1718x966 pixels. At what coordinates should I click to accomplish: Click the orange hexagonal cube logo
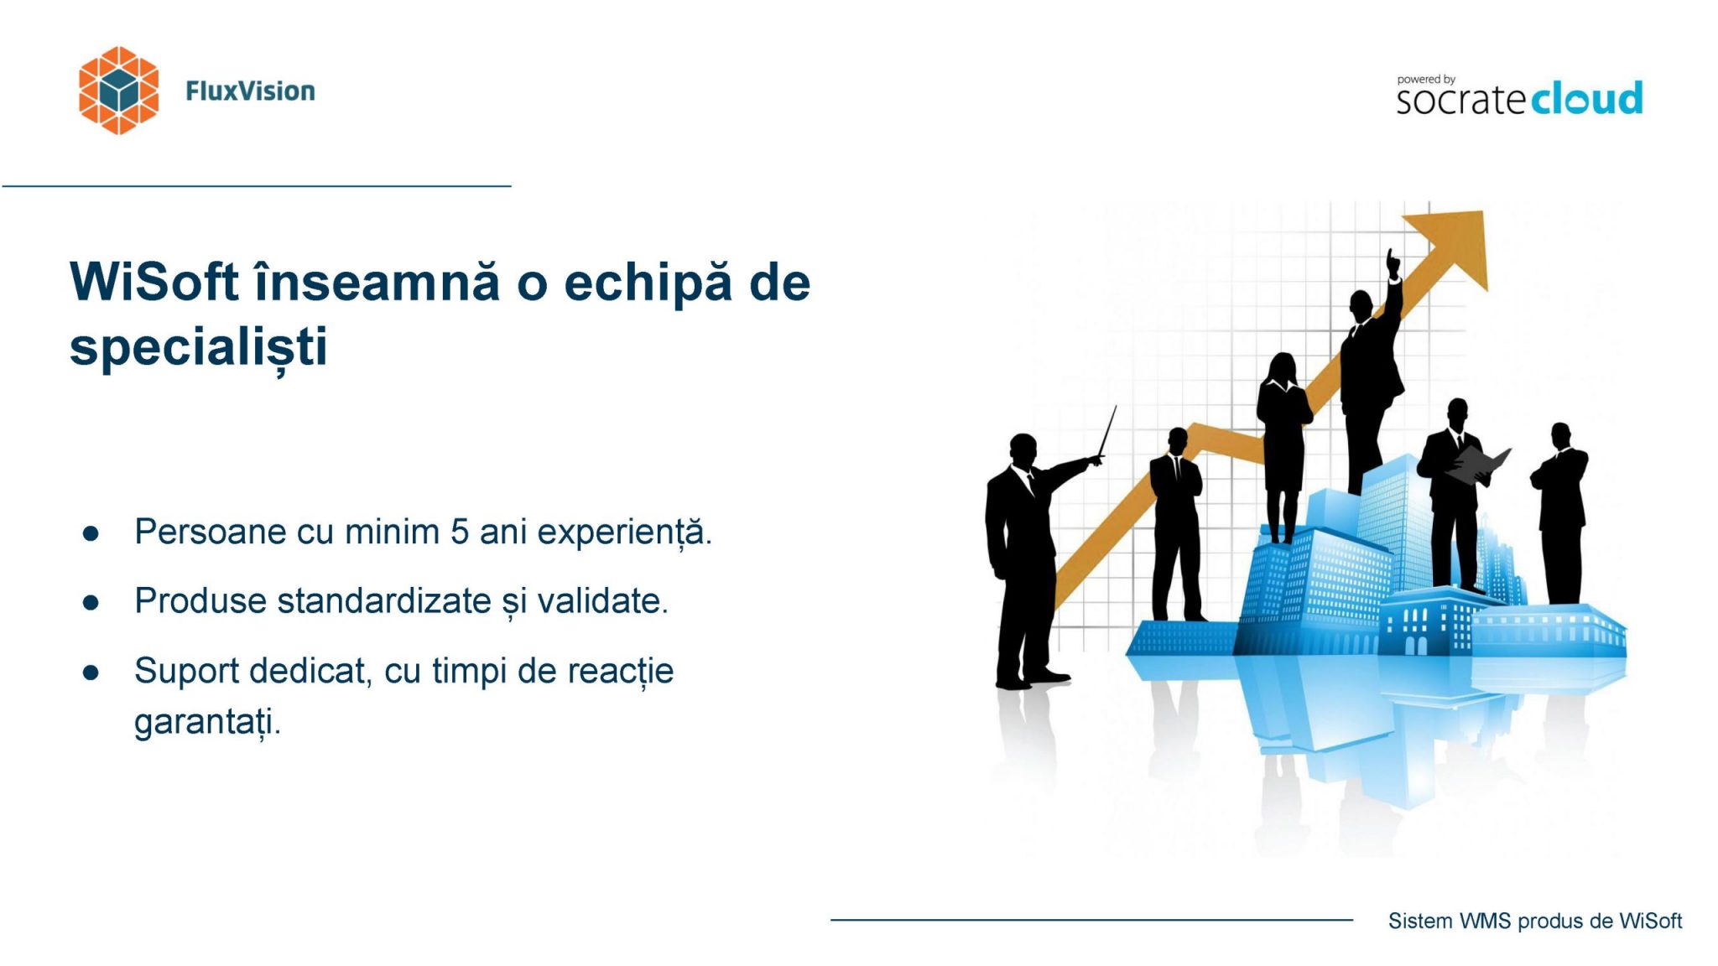click(x=118, y=91)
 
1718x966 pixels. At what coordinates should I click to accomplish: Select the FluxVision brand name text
click(x=250, y=91)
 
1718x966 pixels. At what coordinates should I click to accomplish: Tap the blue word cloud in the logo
click(x=1586, y=99)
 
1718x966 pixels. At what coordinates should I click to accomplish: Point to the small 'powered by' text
click(x=1426, y=80)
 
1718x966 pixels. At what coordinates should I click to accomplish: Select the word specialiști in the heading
click(x=198, y=347)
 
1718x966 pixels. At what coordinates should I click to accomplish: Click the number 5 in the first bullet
click(x=459, y=532)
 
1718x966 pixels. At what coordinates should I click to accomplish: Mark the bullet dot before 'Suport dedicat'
click(x=91, y=672)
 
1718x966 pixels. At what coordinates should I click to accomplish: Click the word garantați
click(x=207, y=723)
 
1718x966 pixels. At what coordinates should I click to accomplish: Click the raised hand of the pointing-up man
click(x=1393, y=263)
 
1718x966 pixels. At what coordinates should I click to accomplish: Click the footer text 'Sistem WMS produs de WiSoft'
click(x=1534, y=921)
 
